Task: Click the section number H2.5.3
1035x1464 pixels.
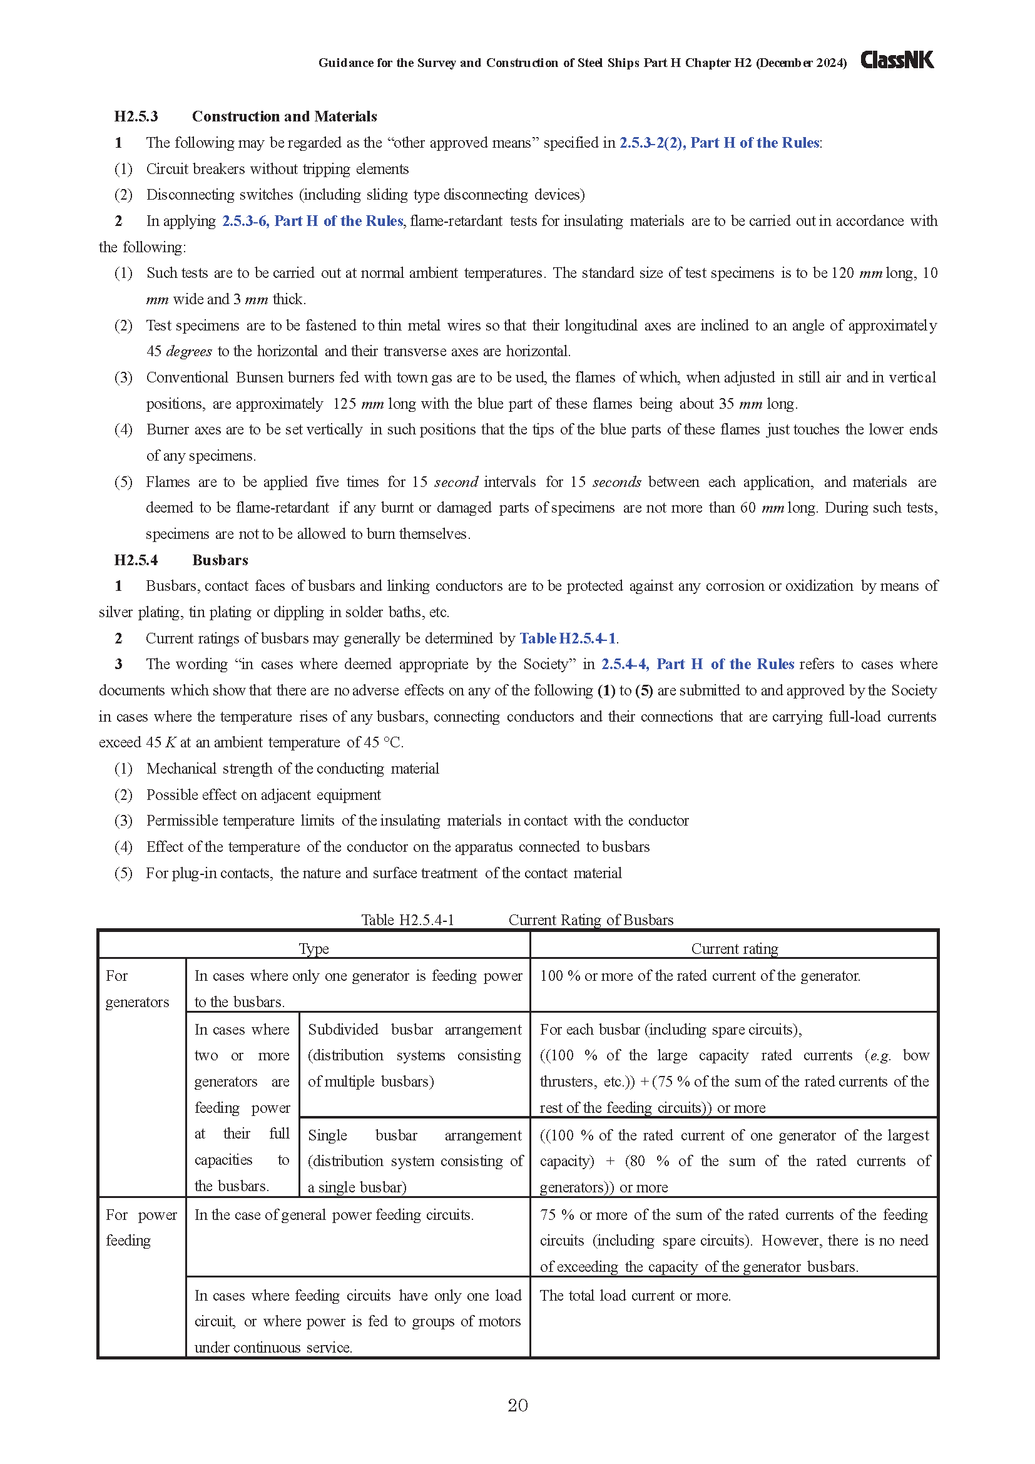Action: pos(136,116)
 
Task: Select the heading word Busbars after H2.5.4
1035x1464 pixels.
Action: pos(220,560)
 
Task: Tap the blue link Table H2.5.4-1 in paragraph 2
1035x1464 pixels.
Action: pos(567,639)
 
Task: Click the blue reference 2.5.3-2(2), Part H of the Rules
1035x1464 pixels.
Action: pos(719,143)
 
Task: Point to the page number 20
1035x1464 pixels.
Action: pos(517,1405)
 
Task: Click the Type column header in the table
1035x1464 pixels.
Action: pos(314,949)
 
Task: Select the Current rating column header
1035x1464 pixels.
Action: pos(734,949)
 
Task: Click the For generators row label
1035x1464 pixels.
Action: pos(136,989)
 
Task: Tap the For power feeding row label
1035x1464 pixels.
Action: pos(141,1227)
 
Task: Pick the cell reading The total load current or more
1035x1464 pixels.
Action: pos(635,1296)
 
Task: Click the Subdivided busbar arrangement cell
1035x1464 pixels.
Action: pos(414,1055)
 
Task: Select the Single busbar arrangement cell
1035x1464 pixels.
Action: pos(414,1161)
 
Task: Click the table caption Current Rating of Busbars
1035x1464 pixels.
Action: pos(590,920)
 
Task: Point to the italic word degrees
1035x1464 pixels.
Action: pos(188,352)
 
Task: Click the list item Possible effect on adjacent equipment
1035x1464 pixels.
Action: pos(263,795)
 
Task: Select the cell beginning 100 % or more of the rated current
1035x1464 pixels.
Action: pos(700,976)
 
